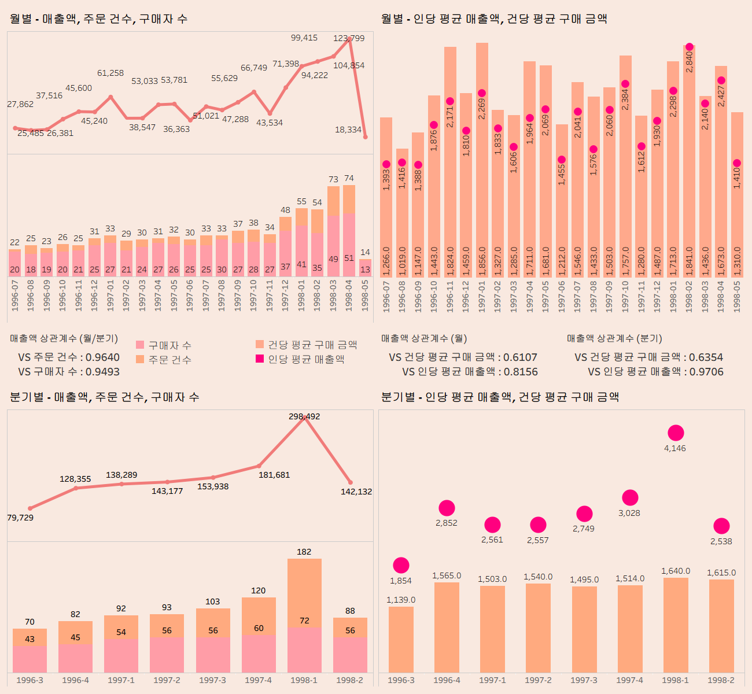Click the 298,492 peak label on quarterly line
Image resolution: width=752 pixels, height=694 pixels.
tap(304, 416)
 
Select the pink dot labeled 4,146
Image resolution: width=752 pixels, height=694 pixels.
tap(676, 433)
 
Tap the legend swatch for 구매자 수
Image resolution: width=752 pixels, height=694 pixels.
tap(140, 345)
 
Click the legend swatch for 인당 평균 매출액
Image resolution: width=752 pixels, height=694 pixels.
tap(260, 359)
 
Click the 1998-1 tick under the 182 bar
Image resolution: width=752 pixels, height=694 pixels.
tap(304, 680)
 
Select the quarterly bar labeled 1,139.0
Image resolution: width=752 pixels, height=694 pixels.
tap(401, 639)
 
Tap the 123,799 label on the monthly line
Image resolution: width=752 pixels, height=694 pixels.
tap(349, 38)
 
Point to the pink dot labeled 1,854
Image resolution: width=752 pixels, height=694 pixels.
tap(401, 566)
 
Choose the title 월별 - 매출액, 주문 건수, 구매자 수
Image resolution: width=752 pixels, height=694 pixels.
tap(98, 19)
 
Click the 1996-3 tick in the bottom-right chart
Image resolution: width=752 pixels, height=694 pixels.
tap(401, 680)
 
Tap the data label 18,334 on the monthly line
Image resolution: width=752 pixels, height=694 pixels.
tap(348, 130)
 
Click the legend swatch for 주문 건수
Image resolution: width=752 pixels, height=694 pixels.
tap(140, 360)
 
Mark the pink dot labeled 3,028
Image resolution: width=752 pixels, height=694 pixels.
tap(630, 497)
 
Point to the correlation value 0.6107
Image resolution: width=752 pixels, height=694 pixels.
tap(520, 357)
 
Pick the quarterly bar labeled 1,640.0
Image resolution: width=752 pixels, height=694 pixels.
tap(676, 625)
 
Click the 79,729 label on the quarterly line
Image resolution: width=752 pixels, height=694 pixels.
tap(20, 518)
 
